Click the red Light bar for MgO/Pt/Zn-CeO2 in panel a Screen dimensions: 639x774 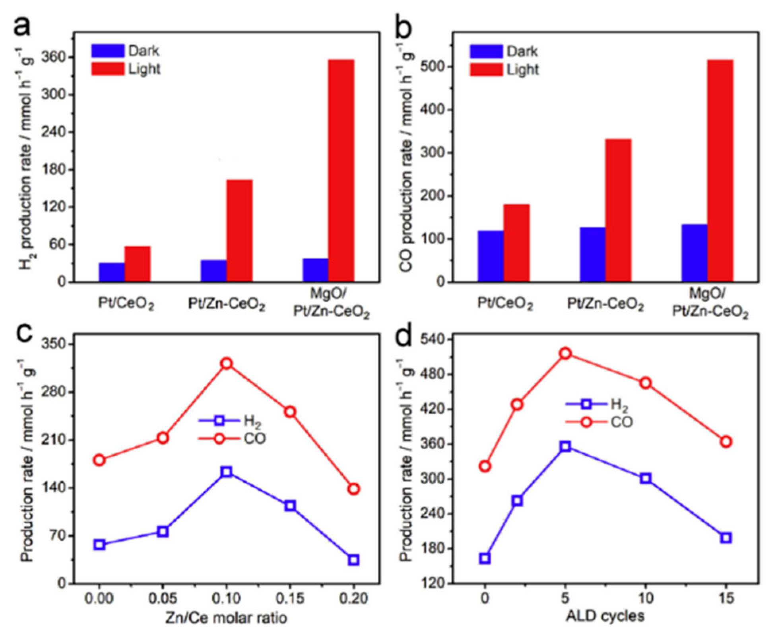click(x=341, y=171)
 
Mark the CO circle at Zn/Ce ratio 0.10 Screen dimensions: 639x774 click(x=227, y=363)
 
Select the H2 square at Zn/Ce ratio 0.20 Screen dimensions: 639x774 click(x=353, y=560)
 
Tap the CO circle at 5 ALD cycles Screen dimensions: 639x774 click(x=565, y=353)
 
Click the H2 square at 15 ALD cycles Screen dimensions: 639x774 click(x=726, y=538)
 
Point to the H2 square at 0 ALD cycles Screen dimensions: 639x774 click(x=485, y=558)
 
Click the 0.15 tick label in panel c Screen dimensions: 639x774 click(x=290, y=598)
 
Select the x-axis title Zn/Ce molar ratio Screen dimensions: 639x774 click(x=226, y=618)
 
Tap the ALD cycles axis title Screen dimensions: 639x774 click(x=605, y=616)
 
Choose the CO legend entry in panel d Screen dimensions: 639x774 click(x=600, y=422)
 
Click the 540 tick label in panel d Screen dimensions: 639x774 click(x=433, y=340)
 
